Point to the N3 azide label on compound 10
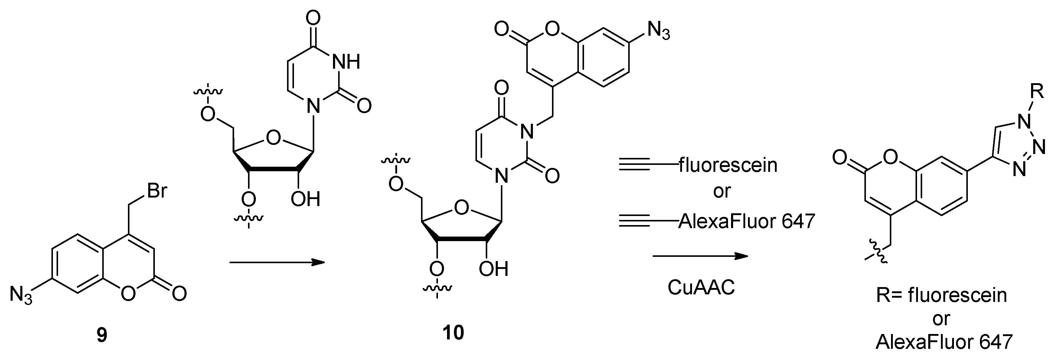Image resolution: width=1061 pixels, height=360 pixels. (658, 31)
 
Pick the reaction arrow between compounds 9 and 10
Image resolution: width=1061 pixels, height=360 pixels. (277, 262)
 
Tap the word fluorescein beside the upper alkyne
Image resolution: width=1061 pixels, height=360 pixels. (728, 165)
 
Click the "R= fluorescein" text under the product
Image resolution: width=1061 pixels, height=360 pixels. (942, 295)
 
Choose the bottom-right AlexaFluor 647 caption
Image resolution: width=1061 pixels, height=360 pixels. (944, 342)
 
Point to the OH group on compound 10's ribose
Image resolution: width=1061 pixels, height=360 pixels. (493, 269)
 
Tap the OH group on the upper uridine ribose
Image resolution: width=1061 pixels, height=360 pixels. (305, 199)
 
